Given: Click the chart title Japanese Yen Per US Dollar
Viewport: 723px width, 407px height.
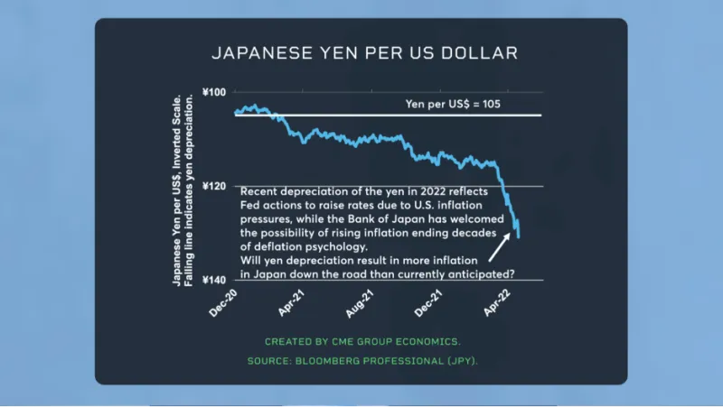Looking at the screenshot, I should point(364,52).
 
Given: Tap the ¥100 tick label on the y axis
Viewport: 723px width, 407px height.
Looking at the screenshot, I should point(214,92).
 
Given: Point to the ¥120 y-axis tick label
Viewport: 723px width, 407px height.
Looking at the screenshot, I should point(214,186).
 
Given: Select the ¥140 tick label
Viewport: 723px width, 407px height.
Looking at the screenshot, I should point(214,280).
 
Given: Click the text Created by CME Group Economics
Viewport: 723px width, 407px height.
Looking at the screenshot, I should point(362,342).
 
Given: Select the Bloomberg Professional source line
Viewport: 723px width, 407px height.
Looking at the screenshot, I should point(362,361).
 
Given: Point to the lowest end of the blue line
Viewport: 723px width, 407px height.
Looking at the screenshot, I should point(519,236).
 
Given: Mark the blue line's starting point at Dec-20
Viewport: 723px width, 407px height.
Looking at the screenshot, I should point(236,113).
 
